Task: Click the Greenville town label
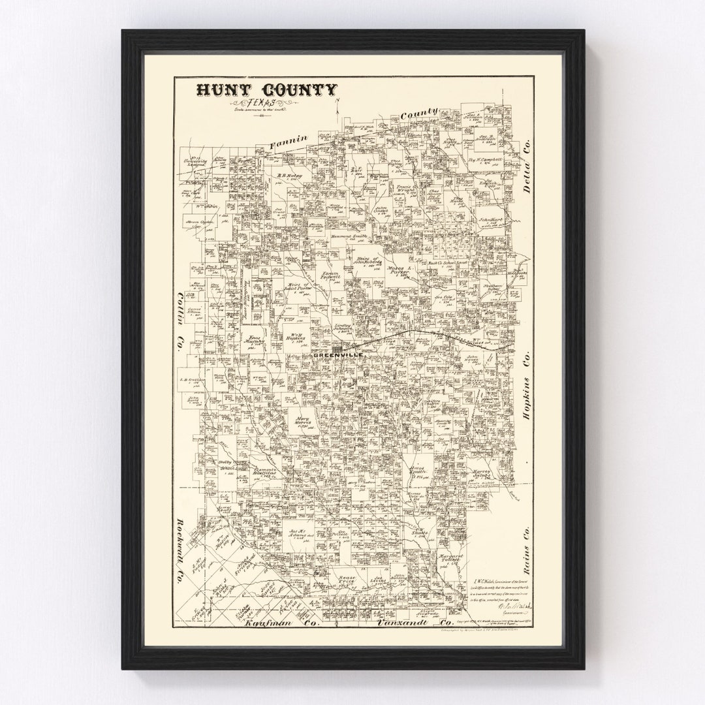tap(336, 356)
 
